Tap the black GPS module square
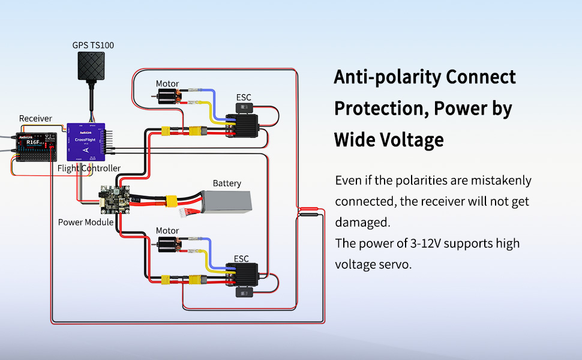click(91, 70)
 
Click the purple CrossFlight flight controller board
click(86, 142)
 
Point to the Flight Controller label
click(89, 168)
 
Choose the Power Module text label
click(86, 222)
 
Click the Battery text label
click(227, 183)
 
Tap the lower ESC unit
click(241, 275)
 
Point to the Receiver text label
click(35, 118)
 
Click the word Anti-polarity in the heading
click(386, 77)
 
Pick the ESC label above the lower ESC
click(241, 259)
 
